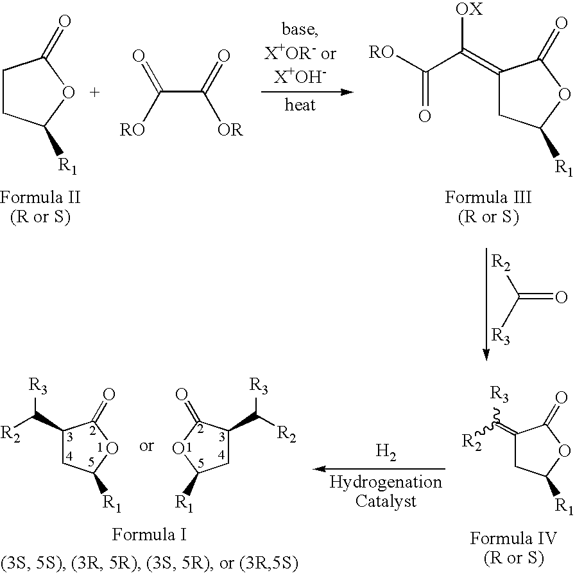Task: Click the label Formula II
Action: tap(40, 197)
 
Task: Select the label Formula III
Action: tap(488, 197)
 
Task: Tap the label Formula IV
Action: tap(513, 538)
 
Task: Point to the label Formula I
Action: tap(150, 534)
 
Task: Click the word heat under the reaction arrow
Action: tap(300, 105)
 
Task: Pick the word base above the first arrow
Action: tap(300, 30)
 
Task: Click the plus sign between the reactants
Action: tap(94, 92)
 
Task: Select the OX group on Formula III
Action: tap(469, 9)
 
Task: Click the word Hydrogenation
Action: tap(386, 482)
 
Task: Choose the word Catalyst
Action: tap(386, 501)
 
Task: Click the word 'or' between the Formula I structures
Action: tap(146, 446)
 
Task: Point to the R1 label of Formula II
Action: tap(67, 166)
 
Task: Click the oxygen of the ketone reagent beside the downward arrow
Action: tap(561, 297)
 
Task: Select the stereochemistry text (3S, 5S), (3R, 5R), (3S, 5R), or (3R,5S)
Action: tap(150, 563)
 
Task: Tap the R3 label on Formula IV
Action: tap(499, 395)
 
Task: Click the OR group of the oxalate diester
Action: tap(230, 130)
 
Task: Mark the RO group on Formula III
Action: tap(381, 53)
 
